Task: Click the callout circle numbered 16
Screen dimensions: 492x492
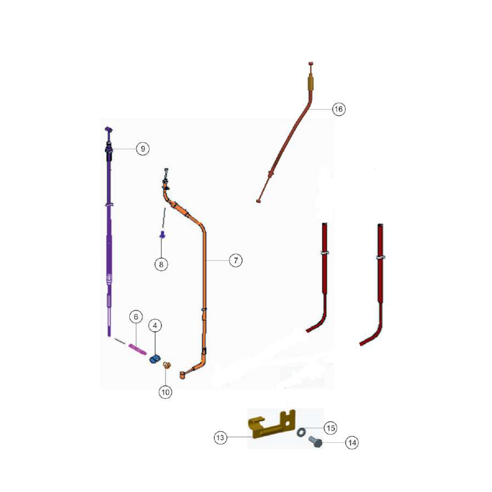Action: pos(338,109)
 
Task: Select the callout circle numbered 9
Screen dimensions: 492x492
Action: pos(143,149)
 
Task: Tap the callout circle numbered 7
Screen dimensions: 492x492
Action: pos(236,261)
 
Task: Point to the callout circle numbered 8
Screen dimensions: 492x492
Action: pos(161,265)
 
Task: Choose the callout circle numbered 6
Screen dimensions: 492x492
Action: pos(136,317)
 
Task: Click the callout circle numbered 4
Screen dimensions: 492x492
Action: pos(155,326)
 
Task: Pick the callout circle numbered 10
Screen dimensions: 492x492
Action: pos(165,392)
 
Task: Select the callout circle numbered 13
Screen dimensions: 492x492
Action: pos(220,437)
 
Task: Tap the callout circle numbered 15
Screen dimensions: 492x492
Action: pos(331,428)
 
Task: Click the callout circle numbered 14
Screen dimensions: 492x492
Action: pos(352,443)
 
